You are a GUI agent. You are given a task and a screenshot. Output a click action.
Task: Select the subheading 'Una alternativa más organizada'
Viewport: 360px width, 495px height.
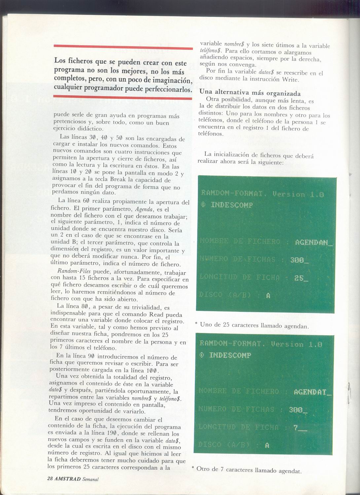pos(250,93)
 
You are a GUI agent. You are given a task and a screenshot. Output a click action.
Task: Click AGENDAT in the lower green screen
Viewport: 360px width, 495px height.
pos(310,392)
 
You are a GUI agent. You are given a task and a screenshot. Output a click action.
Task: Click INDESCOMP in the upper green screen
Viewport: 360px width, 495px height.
pos(232,205)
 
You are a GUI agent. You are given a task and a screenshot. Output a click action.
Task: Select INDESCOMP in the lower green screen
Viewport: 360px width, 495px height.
pos(230,355)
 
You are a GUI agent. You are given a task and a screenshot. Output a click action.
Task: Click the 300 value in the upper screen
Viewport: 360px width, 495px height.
pos(297,260)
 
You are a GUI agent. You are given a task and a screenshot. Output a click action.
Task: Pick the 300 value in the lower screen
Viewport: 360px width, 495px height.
pos(296,410)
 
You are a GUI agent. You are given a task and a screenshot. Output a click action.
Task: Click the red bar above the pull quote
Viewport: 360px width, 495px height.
pos(123,48)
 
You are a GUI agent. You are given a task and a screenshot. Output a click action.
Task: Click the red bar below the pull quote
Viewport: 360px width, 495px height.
pos(123,97)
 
